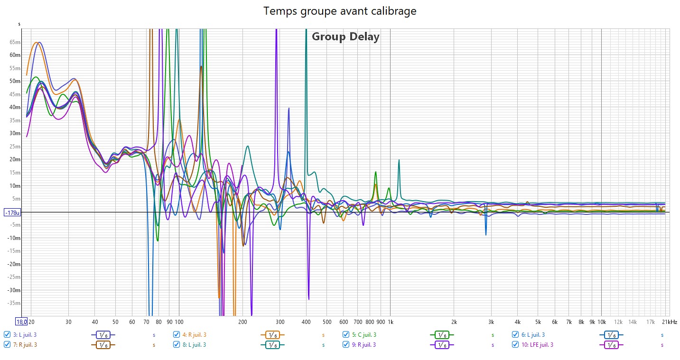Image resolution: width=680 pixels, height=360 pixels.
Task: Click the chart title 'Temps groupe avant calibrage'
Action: coord(340,11)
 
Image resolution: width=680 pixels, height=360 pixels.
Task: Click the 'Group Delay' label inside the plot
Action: coord(345,37)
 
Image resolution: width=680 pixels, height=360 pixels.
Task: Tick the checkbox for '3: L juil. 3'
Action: coord(7,334)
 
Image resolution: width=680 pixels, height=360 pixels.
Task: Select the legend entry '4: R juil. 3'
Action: coord(194,334)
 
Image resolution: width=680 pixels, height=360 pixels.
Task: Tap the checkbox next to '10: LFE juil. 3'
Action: coord(515,344)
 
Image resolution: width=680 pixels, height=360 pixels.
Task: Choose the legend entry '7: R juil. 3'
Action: coord(25,344)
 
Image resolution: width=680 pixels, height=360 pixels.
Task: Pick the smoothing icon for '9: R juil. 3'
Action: coord(442,345)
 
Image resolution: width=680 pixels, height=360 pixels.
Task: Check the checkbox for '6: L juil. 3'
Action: coord(515,334)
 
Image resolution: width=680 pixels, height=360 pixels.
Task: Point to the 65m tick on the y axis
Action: coord(15,42)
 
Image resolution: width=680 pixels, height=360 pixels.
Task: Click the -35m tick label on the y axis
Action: coord(14,303)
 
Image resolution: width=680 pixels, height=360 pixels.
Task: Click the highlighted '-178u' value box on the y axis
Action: coord(12,212)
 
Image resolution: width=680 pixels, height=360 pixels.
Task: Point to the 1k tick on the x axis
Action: coord(391,322)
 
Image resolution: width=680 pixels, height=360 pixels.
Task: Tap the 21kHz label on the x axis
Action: coord(670,322)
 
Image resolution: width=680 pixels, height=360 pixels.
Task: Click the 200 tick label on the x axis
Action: coord(243,322)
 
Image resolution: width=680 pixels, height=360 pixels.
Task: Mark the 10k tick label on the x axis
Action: coord(601,322)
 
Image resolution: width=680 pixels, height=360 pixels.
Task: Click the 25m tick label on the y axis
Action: coord(15,147)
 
